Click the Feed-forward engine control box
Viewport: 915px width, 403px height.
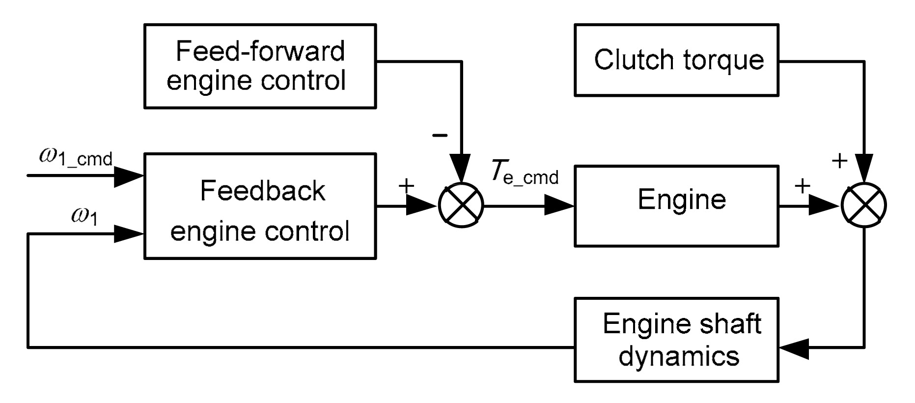tap(260, 66)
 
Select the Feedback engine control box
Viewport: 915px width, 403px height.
tap(260, 206)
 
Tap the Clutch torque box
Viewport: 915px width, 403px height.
tap(676, 59)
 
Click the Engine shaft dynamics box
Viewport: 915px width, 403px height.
tap(676, 340)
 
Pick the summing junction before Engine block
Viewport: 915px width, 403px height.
tap(461, 206)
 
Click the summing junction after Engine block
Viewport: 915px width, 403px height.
tap(864, 206)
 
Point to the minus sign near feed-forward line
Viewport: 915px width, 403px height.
tap(440, 135)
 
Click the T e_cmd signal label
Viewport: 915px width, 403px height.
tap(525, 173)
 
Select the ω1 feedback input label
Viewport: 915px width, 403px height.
tap(84, 216)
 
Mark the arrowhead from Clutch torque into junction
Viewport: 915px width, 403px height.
tap(864, 167)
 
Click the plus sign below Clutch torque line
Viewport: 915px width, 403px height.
tap(839, 160)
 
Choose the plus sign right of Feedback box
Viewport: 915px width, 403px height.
tap(406, 185)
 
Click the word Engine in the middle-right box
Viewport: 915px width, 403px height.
tap(682, 200)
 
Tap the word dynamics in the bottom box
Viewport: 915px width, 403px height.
tap(679, 355)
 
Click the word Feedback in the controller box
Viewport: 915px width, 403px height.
tap(262, 191)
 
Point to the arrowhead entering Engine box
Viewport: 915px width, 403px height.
tap(559, 206)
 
